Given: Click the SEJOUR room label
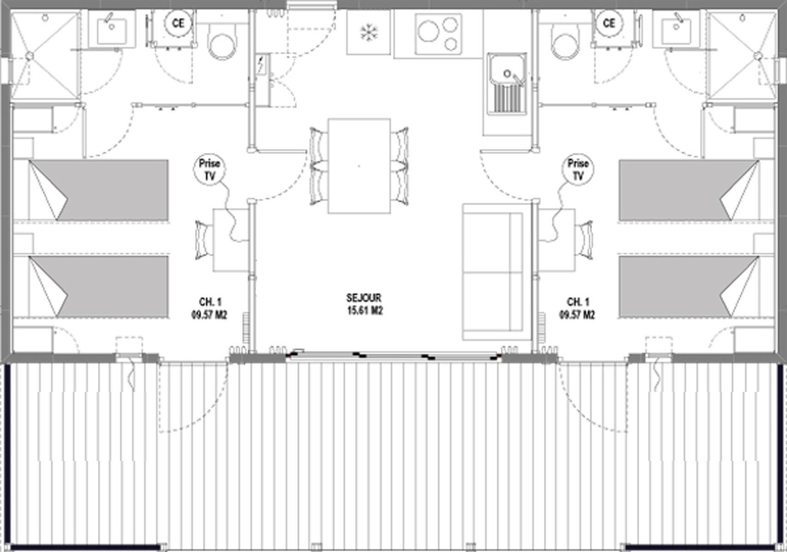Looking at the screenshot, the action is click(x=364, y=298).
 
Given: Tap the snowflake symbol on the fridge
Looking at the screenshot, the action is click(x=369, y=32).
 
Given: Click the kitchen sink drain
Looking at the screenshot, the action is click(x=507, y=74).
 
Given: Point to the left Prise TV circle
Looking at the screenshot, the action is click(x=209, y=169).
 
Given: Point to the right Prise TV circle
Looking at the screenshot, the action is click(x=578, y=169).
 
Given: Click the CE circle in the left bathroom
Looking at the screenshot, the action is click(x=178, y=23).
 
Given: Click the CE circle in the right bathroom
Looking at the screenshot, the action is click(x=609, y=23).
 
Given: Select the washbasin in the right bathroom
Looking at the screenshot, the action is click(x=677, y=29).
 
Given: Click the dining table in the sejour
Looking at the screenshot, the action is click(x=359, y=166).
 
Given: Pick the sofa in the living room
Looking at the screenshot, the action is click(x=496, y=272).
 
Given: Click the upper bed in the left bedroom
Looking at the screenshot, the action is click(x=98, y=190).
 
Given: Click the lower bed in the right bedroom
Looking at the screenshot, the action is click(x=689, y=286).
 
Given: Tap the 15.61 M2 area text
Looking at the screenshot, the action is click(x=365, y=311).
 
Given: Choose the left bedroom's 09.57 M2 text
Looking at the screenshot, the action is click(x=209, y=315).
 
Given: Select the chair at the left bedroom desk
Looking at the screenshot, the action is click(x=204, y=241).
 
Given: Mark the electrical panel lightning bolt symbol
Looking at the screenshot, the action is click(x=261, y=65).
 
